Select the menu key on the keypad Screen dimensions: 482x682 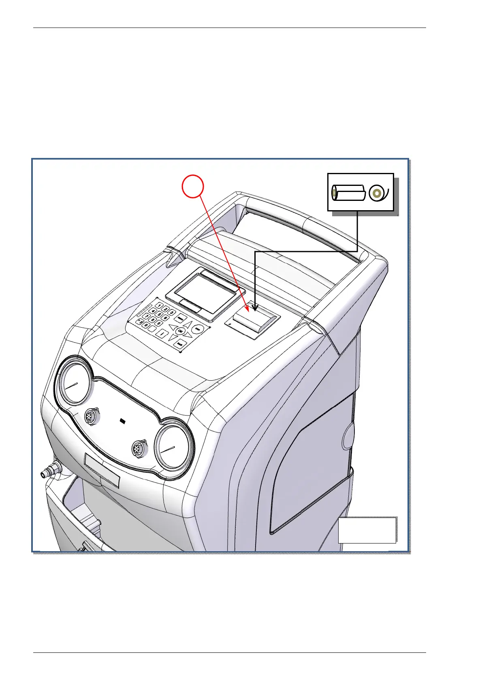182,318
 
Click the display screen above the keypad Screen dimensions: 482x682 201,291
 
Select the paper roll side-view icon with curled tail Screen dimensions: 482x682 379,193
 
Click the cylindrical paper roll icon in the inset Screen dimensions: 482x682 348,193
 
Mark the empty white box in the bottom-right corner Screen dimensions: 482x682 367,529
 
